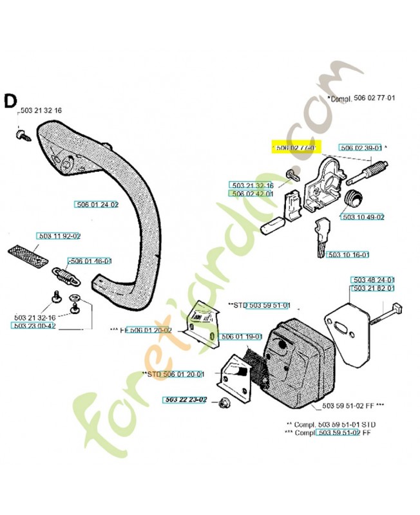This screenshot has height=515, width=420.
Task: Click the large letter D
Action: click(x=10, y=101)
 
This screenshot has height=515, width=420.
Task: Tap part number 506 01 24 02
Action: click(x=97, y=205)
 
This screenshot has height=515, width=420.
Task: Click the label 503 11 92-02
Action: click(x=59, y=236)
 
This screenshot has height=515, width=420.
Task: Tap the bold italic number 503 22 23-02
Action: click(x=184, y=400)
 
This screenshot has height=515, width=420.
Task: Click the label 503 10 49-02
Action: click(x=363, y=217)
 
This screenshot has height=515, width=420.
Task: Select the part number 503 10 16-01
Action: click(x=348, y=255)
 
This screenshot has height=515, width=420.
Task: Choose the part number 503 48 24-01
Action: click(x=373, y=280)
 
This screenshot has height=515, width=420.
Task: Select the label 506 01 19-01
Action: click(x=240, y=336)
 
